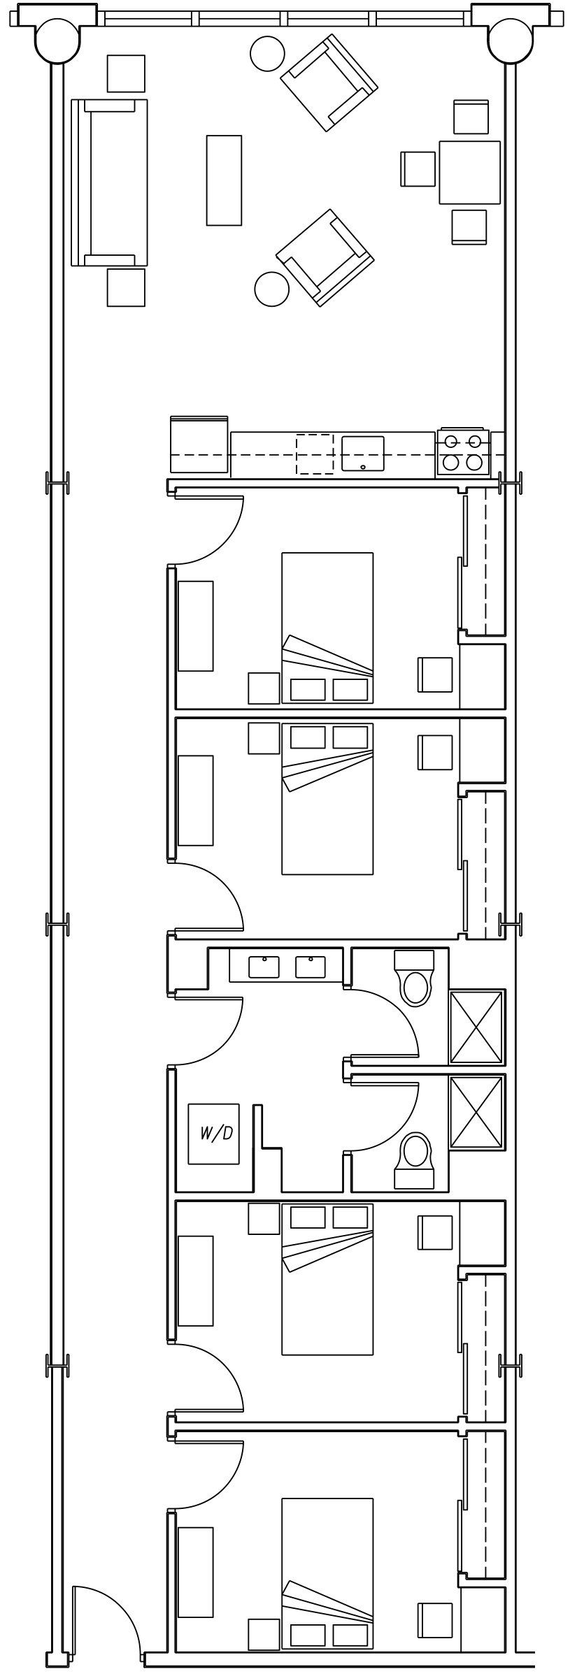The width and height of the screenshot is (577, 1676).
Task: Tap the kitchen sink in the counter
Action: point(363,454)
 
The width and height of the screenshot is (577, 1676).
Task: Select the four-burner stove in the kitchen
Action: point(462,452)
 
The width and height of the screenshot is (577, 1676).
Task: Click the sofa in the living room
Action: point(111,182)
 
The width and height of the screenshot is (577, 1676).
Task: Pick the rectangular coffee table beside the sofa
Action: point(224,180)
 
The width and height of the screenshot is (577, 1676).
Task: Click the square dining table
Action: point(469,172)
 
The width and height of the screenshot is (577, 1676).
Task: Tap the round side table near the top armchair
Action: point(267,52)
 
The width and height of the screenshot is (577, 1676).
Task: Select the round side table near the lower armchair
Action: point(271,289)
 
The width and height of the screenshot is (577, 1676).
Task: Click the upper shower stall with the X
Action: point(476,1026)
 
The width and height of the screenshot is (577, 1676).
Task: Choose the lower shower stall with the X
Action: point(476,1113)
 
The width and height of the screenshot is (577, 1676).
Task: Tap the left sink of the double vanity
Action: point(264,967)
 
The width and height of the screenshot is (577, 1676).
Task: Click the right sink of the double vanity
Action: point(311,967)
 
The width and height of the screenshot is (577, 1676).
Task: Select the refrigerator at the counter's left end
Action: point(199,445)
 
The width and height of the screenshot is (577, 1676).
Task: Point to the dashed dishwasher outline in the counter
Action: point(314,454)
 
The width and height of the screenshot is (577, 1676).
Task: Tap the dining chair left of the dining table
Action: point(418,168)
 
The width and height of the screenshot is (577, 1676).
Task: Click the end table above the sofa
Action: point(126,73)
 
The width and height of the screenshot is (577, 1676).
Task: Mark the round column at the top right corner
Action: point(510,39)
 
